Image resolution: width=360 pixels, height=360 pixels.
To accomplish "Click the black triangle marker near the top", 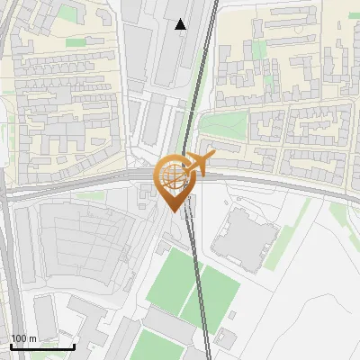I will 181,24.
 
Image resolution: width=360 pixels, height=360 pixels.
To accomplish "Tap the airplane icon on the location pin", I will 195,165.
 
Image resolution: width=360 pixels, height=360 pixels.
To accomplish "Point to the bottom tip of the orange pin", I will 175,212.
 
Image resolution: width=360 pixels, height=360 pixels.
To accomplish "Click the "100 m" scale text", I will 23,338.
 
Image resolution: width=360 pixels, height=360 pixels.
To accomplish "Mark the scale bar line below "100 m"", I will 41,346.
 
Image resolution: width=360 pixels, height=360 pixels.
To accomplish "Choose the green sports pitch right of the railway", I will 220,292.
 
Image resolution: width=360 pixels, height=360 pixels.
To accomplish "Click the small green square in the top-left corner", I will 68,13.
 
